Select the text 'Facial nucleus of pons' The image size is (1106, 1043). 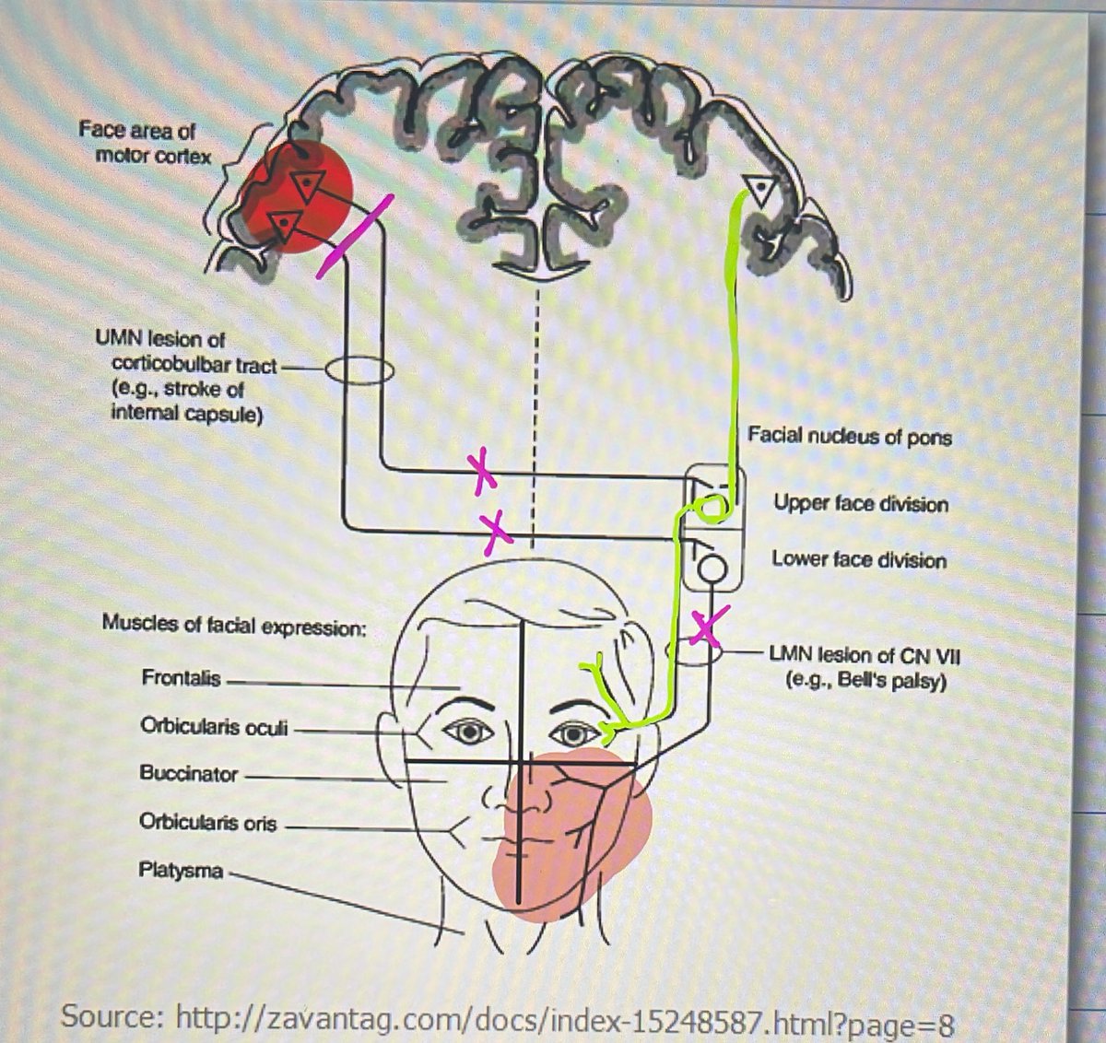[x=849, y=435]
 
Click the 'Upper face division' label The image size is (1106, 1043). [x=860, y=504]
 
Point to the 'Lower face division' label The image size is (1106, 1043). [x=859, y=559]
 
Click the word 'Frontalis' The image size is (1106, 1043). [x=181, y=678]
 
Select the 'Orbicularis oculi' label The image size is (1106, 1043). [x=214, y=727]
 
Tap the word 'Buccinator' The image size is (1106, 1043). [x=188, y=773]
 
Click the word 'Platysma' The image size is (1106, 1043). [x=181, y=869]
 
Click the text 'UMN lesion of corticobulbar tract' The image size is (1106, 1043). [x=184, y=352]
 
